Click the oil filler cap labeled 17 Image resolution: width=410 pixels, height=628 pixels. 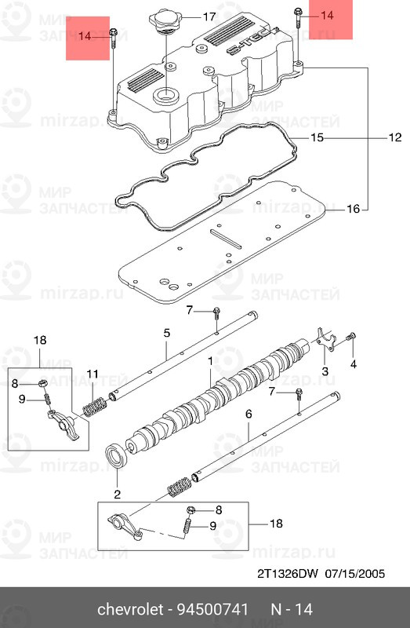click(x=165, y=21)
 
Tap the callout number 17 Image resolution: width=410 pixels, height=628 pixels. click(x=209, y=17)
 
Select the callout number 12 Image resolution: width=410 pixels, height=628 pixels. click(x=395, y=137)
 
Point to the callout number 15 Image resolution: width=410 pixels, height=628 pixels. click(x=317, y=138)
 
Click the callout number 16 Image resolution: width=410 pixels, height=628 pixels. click(x=354, y=209)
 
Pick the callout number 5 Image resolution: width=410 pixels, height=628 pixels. click(x=167, y=333)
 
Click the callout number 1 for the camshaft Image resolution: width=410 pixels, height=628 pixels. click(x=210, y=362)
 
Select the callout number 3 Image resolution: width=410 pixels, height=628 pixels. click(x=325, y=371)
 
